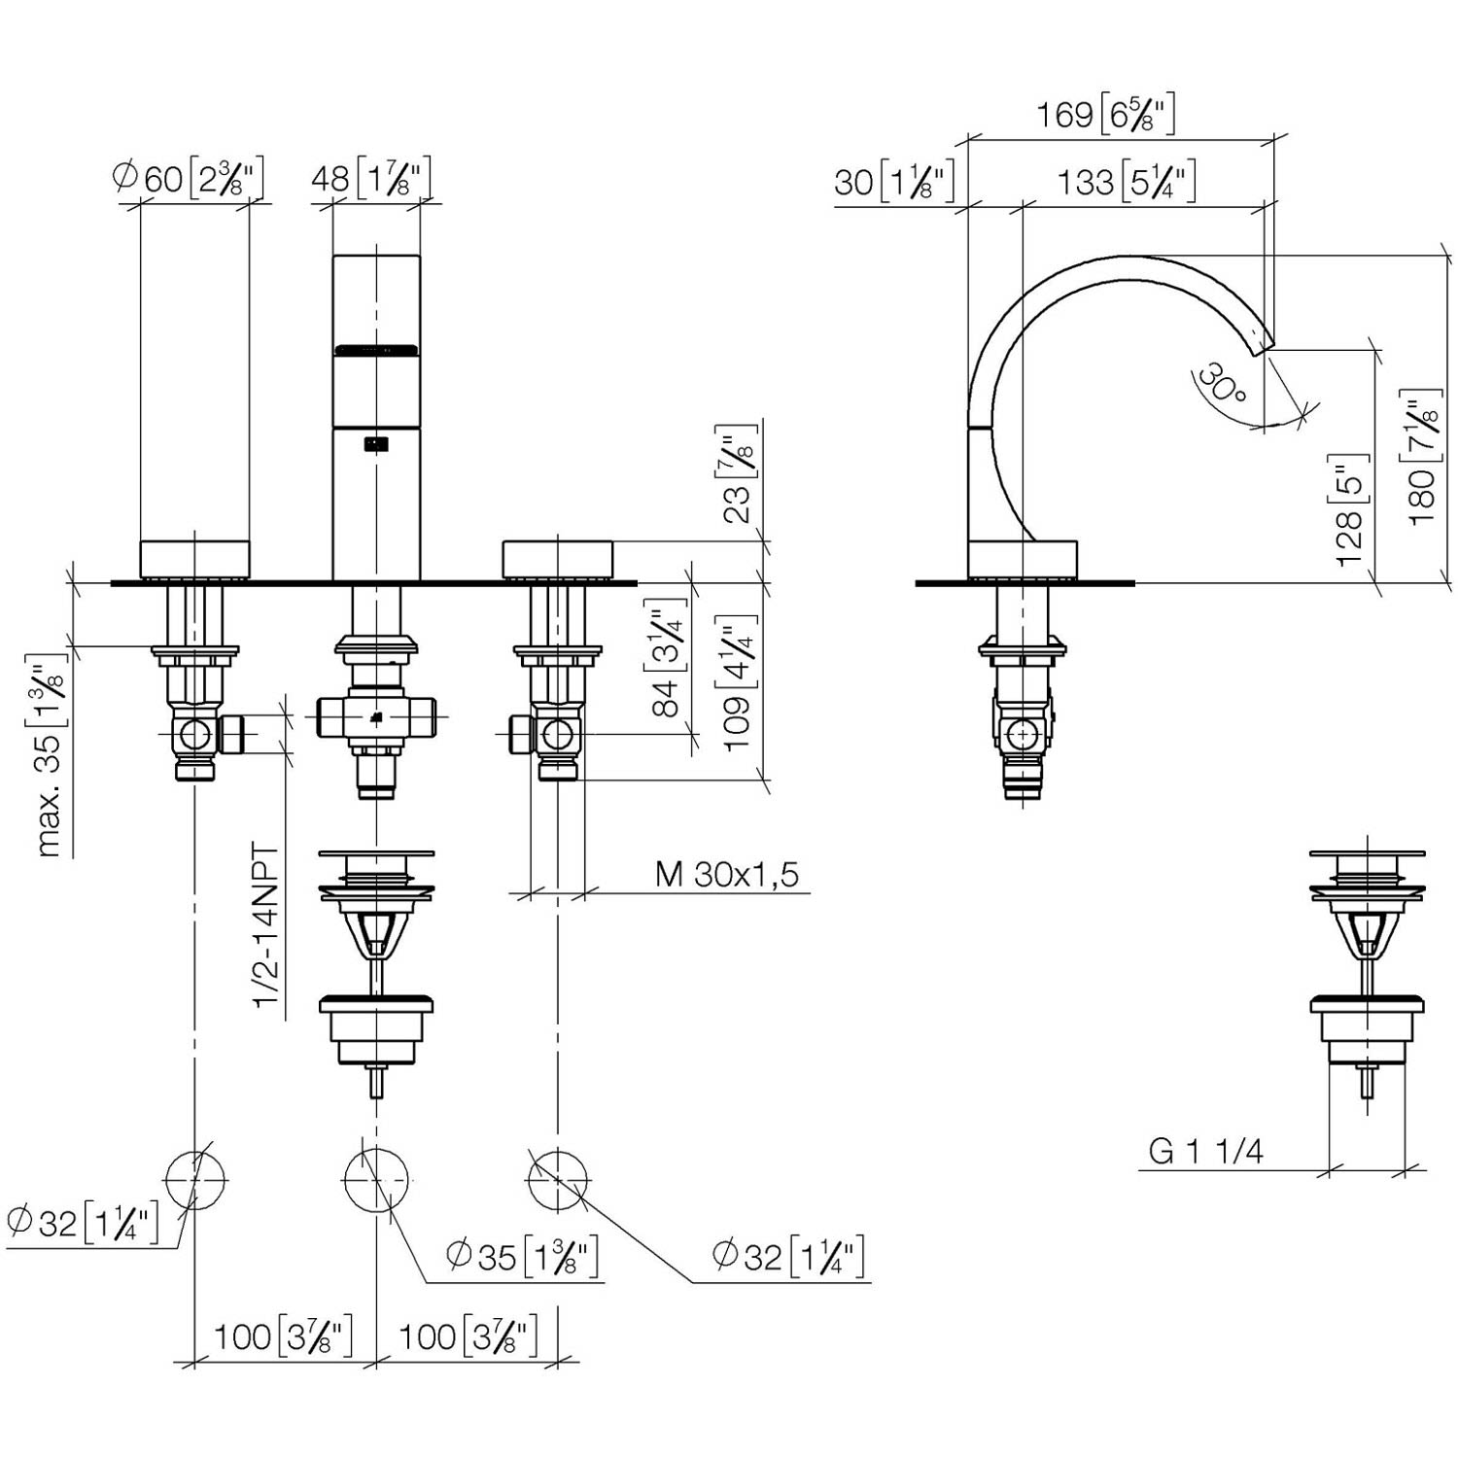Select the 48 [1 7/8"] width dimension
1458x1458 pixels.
(370, 179)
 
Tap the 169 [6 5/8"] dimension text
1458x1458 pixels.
(1105, 115)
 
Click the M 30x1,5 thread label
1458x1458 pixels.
(727, 874)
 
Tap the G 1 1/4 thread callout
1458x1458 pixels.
(1205, 1152)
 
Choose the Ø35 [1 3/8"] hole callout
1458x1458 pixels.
(522, 1257)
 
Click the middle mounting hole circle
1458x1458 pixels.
(374, 1179)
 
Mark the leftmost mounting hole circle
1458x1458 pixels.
(195, 1179)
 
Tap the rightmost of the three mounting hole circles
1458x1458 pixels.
(557, 1179)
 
